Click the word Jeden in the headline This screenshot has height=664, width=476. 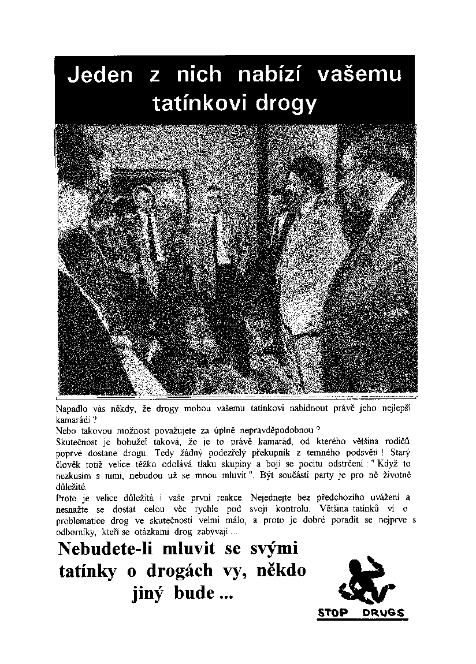click(x=100, y=75)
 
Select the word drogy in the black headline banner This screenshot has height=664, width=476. click(x=286, y=105)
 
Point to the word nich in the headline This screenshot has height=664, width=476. click(x=198, y=75)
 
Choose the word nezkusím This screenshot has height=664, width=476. click(x=75, y=475)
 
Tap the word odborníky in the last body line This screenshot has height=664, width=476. click(x=74, y=530)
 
